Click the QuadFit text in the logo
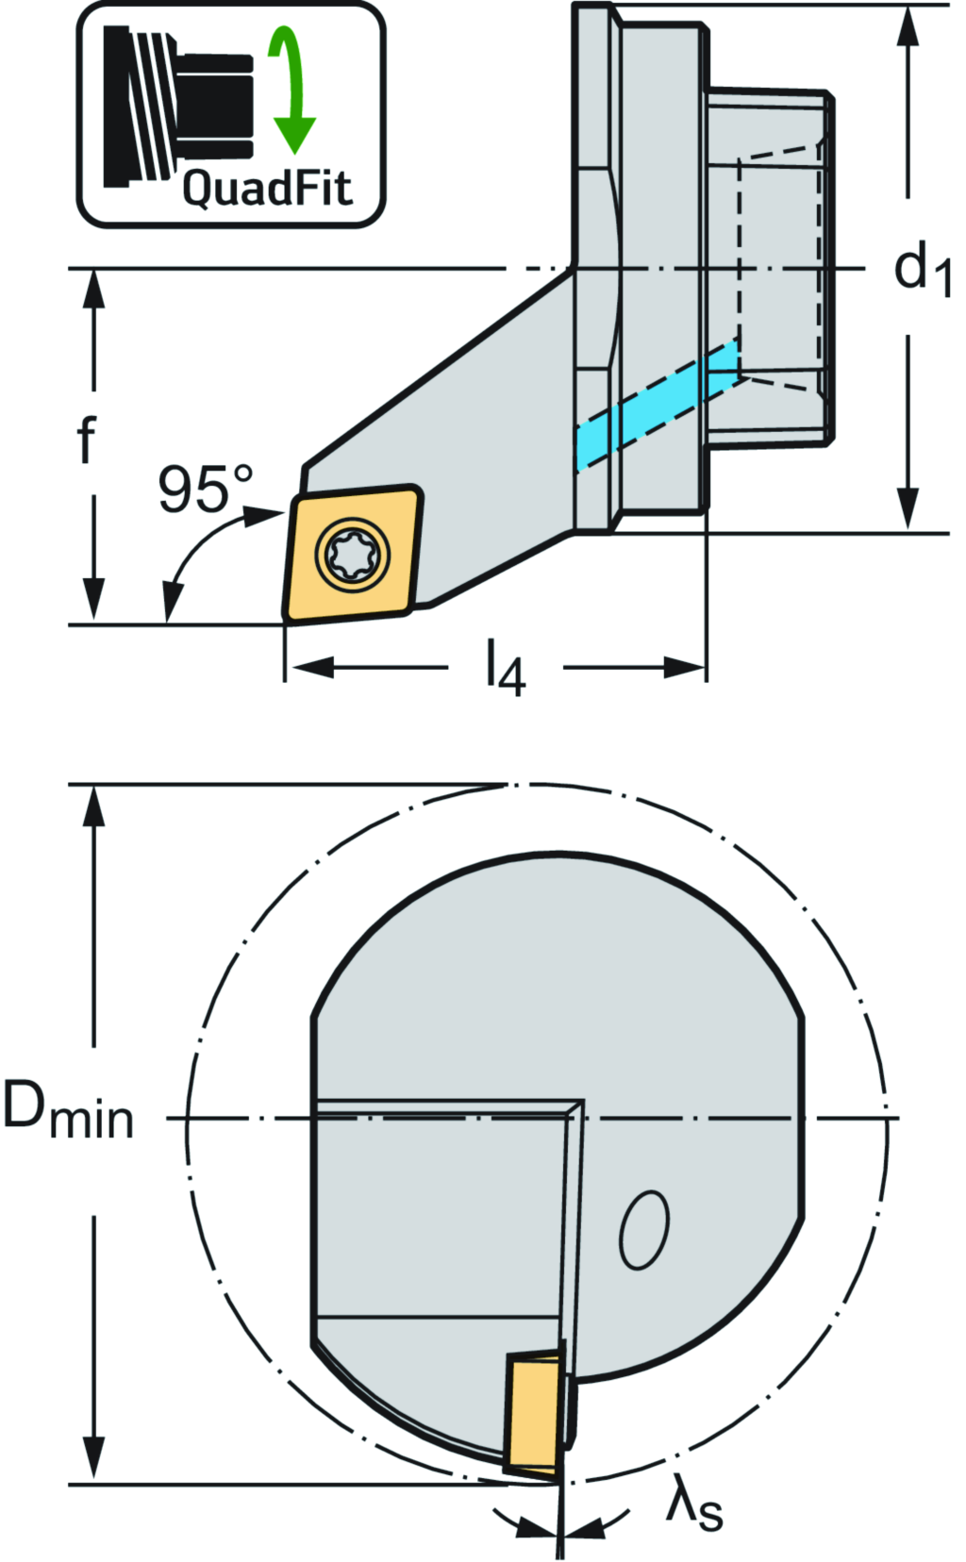[267, 188]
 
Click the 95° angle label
[205, 490]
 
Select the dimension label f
[87, 441]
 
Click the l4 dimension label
[506, 668]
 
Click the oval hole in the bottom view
[644, 1229]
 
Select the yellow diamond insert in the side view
[352, 554]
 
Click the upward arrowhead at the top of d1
[908, 28]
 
